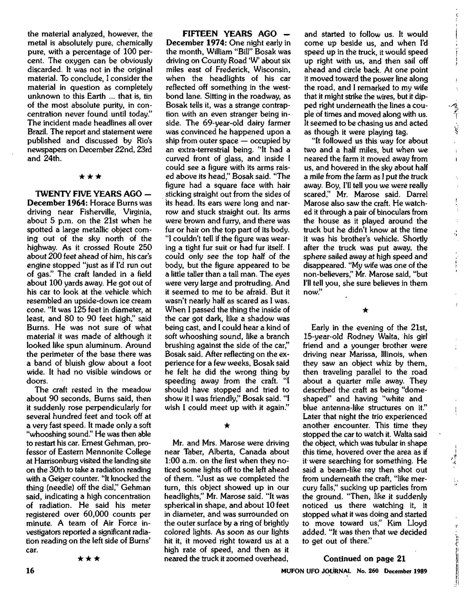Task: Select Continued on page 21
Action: (x=364, y=559)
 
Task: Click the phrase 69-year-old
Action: (x=222, y=123)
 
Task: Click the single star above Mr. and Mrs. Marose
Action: (x=228, y=426)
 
